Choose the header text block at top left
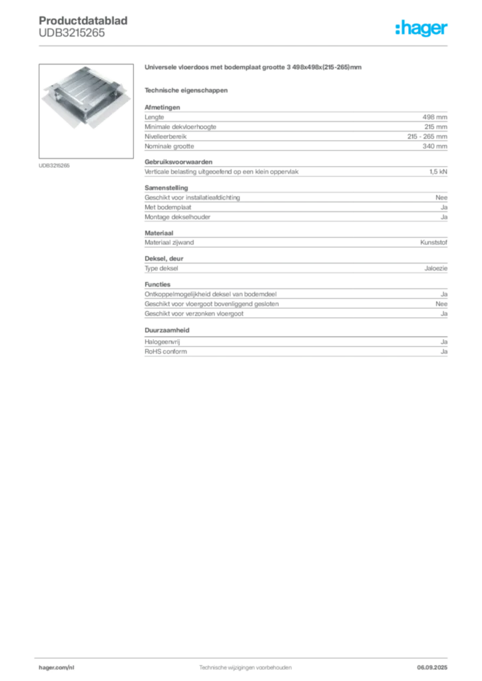(85, 27)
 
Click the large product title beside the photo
(253, 68)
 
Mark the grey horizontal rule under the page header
(245, 45)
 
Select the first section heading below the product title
(187, 90)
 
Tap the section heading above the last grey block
(168, 329)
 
